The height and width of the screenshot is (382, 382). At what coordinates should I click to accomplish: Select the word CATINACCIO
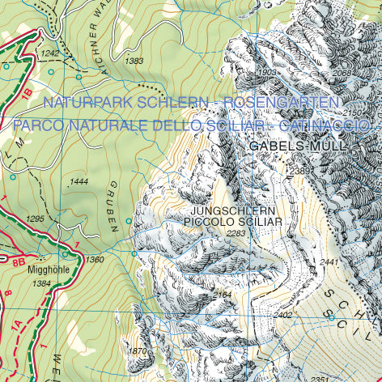[x=324, y=126]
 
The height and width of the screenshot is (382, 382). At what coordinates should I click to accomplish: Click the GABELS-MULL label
[x=297, y=146]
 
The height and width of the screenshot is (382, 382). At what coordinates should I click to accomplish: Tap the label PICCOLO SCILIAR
[x=232, y=221]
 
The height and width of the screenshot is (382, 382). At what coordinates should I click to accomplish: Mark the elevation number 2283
[x=236, y=233]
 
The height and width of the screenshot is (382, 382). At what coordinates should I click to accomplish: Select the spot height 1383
[x=135, y=61]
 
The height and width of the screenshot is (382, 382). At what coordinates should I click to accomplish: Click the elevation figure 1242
[x=50, y=53]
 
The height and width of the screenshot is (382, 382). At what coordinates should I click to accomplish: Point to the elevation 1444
[x=79, y=181]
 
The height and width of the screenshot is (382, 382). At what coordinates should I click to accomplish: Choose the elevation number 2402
[x=282, y=315]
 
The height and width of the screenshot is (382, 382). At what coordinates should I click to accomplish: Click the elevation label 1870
[x=138, y=350]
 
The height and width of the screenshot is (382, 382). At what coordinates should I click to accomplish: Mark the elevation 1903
[x=265, y=72]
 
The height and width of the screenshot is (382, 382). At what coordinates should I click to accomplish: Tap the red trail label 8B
[x=18, y=262]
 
